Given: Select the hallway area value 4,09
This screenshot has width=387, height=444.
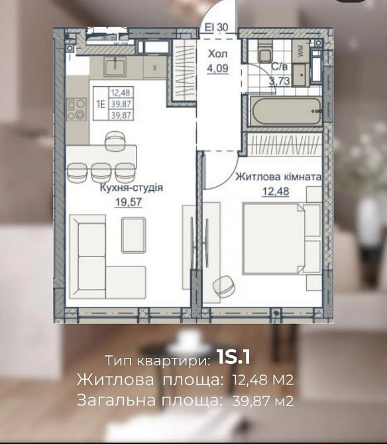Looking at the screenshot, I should [x=217, y=68].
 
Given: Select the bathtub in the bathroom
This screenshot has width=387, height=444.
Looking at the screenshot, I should [x=286, y=111].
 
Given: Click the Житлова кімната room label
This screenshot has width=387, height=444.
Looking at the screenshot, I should [x=278, y=178].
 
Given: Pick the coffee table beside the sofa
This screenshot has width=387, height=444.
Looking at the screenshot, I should [x=134, y=235].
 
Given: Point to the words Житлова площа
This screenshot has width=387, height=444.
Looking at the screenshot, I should [x=150, y=380].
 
